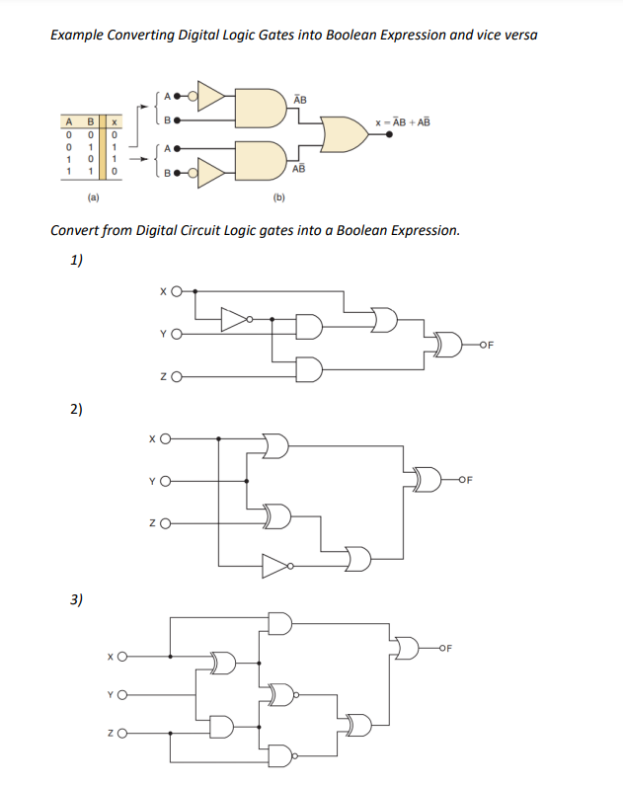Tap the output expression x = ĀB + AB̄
(x=403, y=122)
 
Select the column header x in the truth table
(x=115, y=122)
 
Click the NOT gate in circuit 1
(x=234, y=319)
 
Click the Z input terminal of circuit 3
(x=126, y=732)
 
